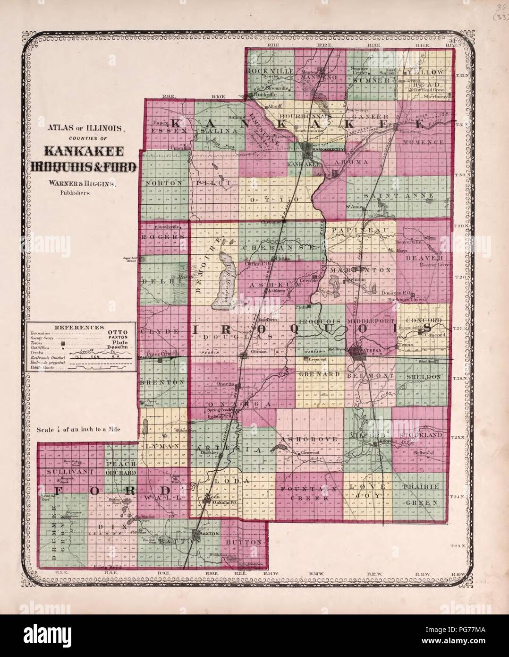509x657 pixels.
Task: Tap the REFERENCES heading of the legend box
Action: click(x=79, y=327)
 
